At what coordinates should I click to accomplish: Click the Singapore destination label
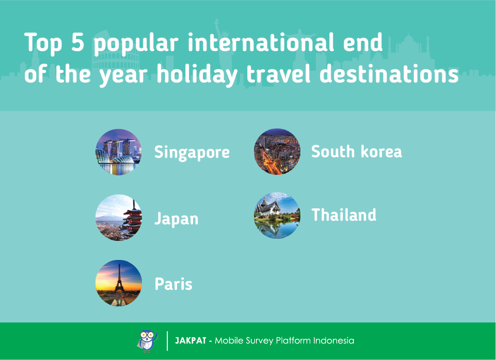[192, 153]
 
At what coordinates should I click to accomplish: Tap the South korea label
[357, 152]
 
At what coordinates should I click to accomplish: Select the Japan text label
[177, 219]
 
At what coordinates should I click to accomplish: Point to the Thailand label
[344, 215]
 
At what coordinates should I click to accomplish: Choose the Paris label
[173, 284]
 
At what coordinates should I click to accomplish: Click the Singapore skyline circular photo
[119, 152]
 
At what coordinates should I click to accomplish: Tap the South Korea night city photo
[277, 152]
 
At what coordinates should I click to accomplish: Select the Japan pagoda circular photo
[119, 218]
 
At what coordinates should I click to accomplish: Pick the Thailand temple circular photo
[277, 215]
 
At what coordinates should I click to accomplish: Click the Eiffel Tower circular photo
[119, 283]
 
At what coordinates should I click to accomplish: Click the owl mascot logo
[148, 341]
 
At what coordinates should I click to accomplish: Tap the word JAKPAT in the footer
[191, 341]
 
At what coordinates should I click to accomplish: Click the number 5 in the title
[77, 42]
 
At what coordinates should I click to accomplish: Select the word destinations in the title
[389, 74]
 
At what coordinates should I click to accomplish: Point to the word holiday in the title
[197, 75]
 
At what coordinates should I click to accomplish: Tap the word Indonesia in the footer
[334, 341]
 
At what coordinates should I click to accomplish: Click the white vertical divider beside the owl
[167, 341]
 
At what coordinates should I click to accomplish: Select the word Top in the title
[43, 44]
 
